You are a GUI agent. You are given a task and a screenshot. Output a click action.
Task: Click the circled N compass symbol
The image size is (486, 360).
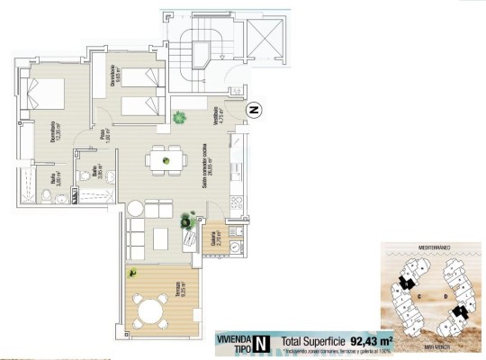click(x=255, y=111)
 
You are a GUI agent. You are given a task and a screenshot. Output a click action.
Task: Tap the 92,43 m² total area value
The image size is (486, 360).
click(x=373, y=341)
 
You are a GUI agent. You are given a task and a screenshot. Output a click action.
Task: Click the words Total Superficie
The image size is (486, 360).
click(x=312, y=341)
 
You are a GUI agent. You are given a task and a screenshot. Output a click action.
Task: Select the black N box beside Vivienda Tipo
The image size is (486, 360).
click(x=260, y=342)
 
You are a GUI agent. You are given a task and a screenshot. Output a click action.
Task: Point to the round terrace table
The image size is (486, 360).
click(x=150, y=310)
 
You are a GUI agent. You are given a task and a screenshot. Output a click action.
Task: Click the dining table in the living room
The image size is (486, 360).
click(x=164, y=159)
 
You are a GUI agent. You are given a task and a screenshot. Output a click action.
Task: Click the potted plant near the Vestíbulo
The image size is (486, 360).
click(x=181, y=116)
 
